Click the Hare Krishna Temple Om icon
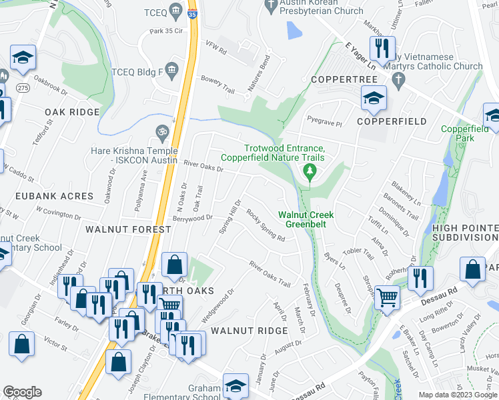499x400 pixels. click(160, 131)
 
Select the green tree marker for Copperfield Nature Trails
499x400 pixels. click(310, 171)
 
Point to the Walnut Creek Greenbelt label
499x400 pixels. click(306, 219)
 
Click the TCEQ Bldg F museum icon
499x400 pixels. click(171, 69)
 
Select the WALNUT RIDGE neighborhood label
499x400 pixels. click(249, 331)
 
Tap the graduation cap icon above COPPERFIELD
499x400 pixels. click(374, 97)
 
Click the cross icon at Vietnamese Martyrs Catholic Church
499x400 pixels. click(398, 81)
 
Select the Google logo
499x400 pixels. click(22, 391)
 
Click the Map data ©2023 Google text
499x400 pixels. click(458, 395)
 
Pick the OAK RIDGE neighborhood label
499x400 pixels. click(71, 112)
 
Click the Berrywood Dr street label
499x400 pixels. click(191, 218)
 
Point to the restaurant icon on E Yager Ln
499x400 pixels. click(382, 46)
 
